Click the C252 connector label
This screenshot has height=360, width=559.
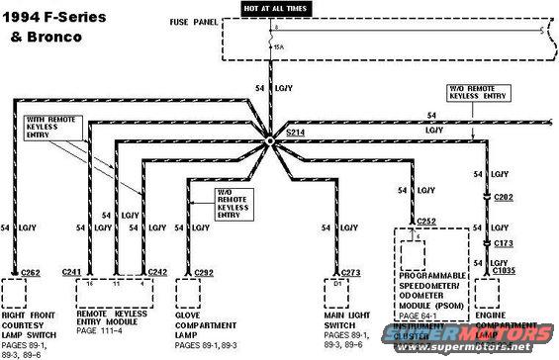(427, 222)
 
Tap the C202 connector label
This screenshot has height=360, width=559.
(505, 198)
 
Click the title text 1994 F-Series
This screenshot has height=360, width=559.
(50, 17)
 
